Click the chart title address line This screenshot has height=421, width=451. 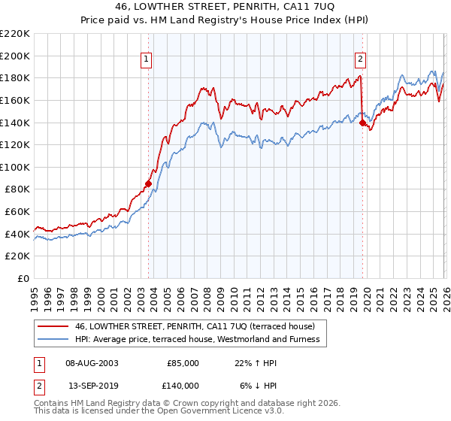(x=225, y=8)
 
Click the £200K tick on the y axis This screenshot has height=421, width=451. (x=15, y=56)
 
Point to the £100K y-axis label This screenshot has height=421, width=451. (x=15, y=167)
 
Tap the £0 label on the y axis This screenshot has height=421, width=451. (x=23, y=279)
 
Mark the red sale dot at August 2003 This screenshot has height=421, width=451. (x=148, y=183)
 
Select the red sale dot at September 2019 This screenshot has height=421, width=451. (x=362, y=123)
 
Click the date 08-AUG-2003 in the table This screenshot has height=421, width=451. (x=92, y=362)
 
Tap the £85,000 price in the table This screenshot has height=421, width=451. (x=183, y=362)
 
